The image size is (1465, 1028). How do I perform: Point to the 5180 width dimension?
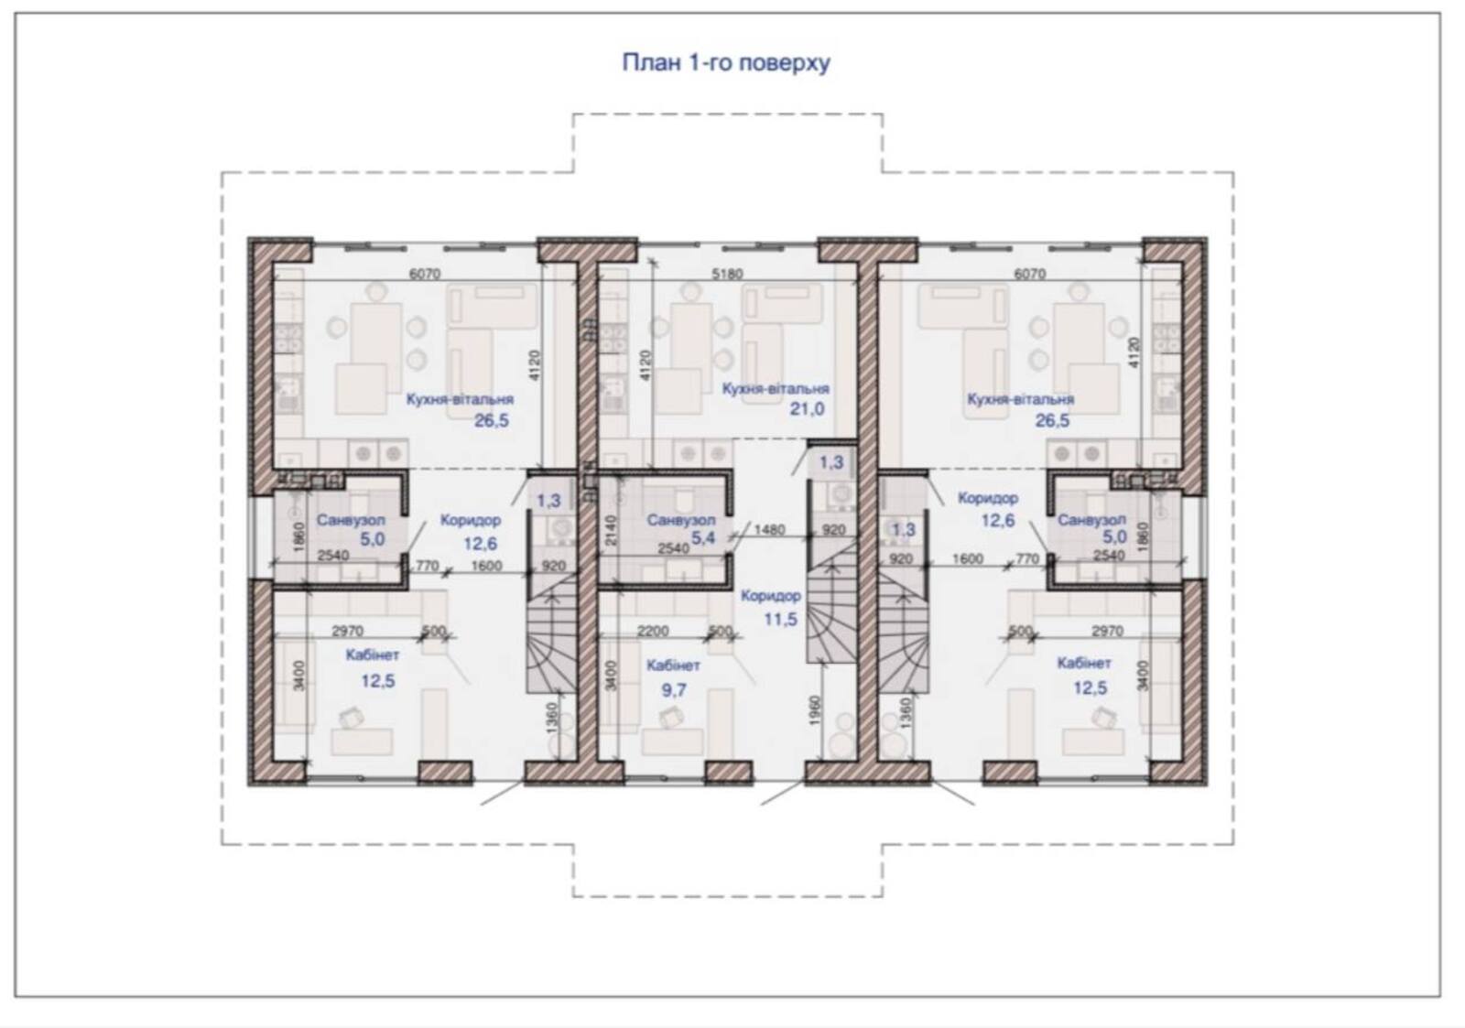(727, 274)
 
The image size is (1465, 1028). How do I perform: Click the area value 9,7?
(674, 689)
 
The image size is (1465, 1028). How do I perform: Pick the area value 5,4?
(703, 538)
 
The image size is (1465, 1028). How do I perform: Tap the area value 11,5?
(781, 619)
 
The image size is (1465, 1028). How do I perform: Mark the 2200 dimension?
(653, 631)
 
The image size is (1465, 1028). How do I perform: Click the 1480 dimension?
(769, 529)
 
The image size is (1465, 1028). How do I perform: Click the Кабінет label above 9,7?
(673, 665)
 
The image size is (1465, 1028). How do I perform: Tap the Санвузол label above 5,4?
(681, 521)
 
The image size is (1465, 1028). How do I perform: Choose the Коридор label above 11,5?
(770, 597)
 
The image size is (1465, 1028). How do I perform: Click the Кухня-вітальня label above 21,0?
(775, 388)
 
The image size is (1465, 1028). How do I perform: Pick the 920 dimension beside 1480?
(833, 530)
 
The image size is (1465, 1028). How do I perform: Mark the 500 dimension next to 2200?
(720, 631)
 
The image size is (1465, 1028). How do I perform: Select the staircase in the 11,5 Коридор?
(830, 612)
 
